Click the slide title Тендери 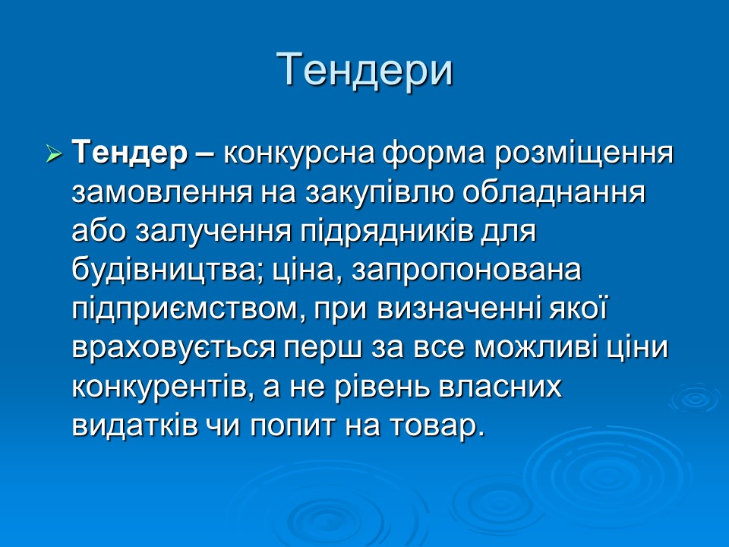coord(364,69)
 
